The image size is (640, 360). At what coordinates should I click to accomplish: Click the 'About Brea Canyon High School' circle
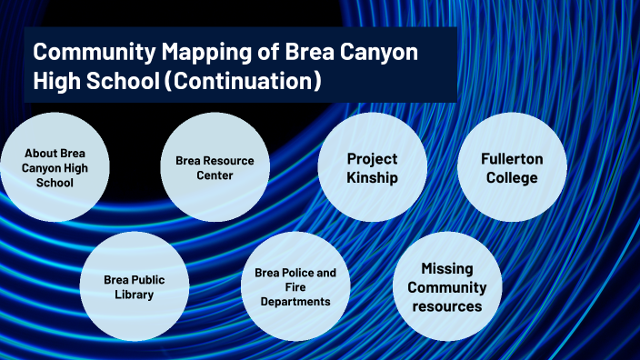pos(55,167)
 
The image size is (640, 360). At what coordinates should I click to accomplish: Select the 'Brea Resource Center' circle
pos(215,167)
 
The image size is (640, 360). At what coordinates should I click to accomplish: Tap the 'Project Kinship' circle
pos(372,167)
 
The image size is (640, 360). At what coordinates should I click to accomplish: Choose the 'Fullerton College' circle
pos(512,167)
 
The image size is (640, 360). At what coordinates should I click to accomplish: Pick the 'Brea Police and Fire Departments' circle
pos(295,286)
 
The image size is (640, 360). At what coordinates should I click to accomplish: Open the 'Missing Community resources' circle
pos(446,286)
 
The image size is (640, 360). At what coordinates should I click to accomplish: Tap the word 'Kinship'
pos(372,177)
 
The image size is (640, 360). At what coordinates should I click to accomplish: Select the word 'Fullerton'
pos(512,158)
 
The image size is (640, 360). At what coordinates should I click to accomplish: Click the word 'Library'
pos(135,295)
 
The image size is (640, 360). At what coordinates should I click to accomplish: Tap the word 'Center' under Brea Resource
pos(215,175)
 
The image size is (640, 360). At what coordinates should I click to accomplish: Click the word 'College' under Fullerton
pos(512,177)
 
